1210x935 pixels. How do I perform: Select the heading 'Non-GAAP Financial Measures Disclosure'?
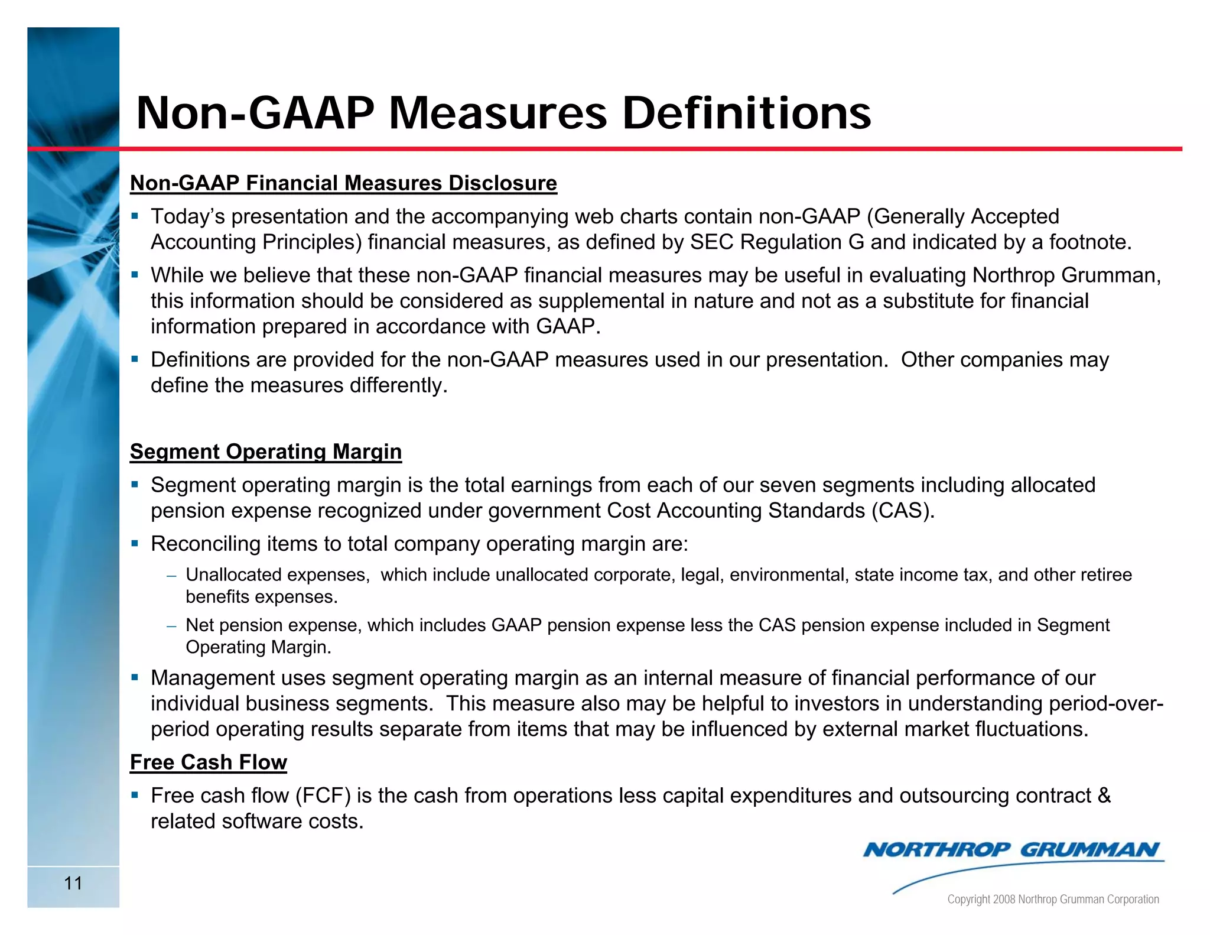click(343, 183)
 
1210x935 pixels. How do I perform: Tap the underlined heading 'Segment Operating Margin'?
click(266, 452)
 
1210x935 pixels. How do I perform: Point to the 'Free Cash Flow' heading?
click(209, 762)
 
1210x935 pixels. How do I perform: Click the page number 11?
click(73, 883)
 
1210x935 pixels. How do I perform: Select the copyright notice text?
click(1053, 899)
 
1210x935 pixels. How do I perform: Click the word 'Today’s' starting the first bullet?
click(188, 217)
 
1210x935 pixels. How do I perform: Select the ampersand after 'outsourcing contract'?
click(1104, 796)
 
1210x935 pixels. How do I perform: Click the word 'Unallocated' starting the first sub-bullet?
click(233, 575)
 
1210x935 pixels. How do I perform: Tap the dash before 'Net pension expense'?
click(171, 626)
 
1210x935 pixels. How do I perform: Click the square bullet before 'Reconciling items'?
click(135, 543)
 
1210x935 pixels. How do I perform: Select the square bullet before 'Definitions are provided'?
click(135, 359)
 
